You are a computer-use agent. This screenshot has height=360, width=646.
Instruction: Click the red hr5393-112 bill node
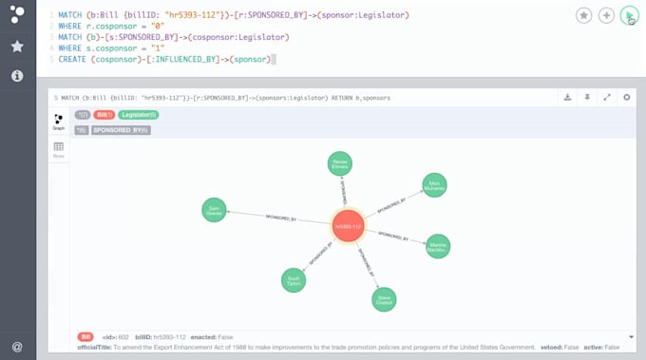click(349, 226)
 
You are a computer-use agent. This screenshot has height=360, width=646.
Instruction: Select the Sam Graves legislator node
click(215, 210)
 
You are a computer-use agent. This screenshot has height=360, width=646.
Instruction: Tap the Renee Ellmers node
click(339, 163)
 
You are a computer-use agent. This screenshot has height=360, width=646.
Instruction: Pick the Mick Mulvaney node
click(434, 185)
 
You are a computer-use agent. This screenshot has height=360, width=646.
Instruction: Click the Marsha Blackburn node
click(438, 246)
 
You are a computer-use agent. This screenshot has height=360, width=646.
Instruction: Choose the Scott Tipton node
click(294, 279)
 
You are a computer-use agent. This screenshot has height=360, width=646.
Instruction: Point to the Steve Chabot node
click(383, 299)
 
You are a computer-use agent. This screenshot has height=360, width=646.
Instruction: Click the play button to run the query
click(629, 16)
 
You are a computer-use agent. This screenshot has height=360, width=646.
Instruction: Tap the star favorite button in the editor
click(583, 16)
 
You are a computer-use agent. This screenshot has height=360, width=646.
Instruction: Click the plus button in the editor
click(606, 16)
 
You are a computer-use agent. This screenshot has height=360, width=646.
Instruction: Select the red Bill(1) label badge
click(104, 115)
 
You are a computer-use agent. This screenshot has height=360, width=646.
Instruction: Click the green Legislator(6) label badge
click(139, 115)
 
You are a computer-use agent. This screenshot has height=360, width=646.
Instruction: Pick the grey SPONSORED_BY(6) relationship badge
click(121, 130)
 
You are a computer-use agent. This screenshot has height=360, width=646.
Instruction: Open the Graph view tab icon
click(59, 121)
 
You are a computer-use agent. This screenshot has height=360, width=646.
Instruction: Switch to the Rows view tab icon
click(59, 149)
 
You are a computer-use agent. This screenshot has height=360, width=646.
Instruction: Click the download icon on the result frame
click(567, 97)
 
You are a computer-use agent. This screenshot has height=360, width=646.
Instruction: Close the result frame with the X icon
click(627, 97)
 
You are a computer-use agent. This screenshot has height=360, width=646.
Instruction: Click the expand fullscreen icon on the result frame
click(607, 97)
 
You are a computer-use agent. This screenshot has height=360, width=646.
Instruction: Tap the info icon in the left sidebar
click(17, 75)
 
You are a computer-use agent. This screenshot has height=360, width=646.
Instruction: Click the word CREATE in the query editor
click(72, 59)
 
